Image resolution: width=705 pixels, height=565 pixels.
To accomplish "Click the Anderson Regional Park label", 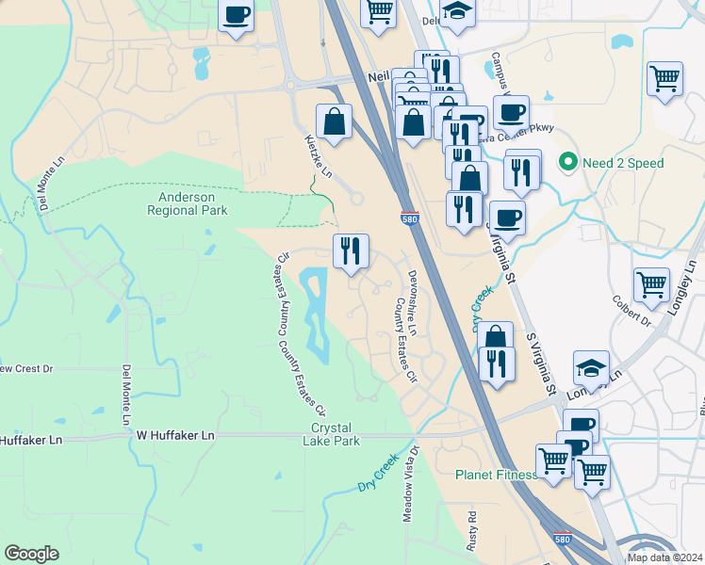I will tap(188, 203).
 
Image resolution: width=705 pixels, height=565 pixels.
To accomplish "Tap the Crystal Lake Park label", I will tap(336, 434).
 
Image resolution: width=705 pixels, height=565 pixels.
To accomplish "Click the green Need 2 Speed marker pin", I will tap(567, 162).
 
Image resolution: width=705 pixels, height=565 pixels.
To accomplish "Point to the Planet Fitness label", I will tap(496, 475).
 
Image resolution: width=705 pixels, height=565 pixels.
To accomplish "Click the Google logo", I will tap(31, 554).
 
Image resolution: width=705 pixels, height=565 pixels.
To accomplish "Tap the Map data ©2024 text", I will tap(665, 557).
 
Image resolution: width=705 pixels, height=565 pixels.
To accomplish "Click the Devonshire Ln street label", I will tap(412, 297).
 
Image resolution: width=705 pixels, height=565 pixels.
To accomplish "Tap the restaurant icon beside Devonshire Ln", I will tap(351, 250).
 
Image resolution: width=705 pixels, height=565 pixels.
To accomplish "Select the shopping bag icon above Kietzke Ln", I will tap(334, 121).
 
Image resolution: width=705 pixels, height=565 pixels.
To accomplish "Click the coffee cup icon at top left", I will tap(236, 16).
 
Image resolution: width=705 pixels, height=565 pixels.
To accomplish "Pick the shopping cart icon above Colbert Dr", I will tap(652, 283).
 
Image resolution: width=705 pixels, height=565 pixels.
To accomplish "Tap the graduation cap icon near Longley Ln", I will tap(591, 367).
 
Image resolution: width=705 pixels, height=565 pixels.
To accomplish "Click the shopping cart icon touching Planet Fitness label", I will tap(553, 461).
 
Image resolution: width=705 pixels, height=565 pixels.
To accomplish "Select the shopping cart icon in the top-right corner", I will tap(665, 79).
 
